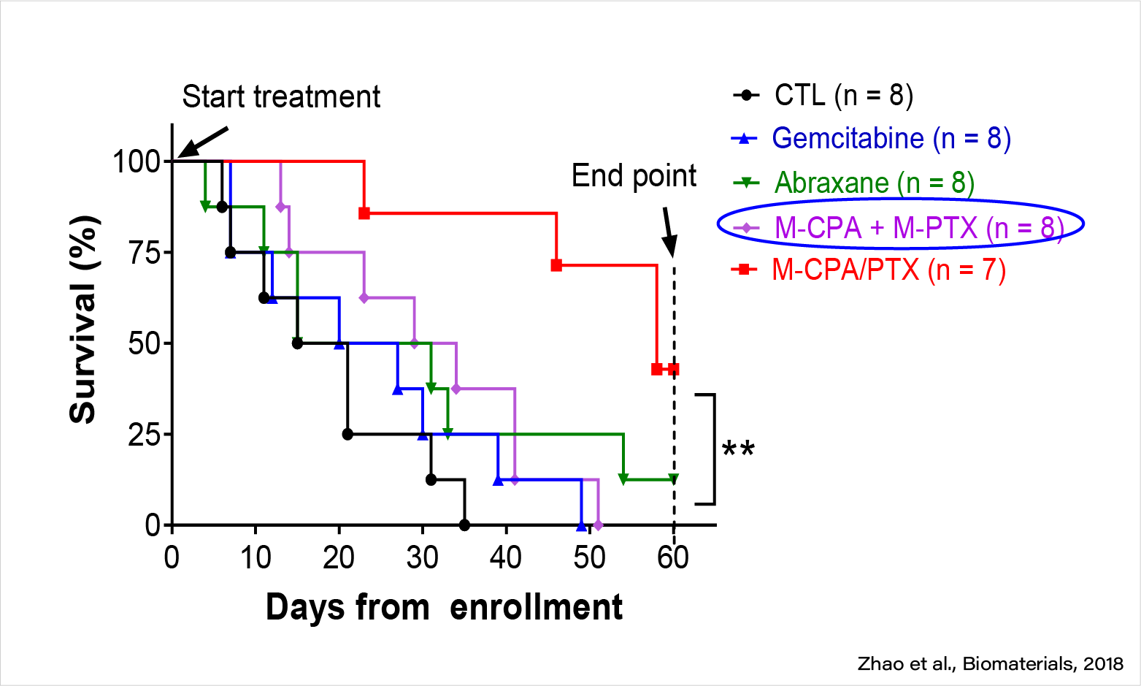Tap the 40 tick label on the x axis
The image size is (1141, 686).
point(506,558)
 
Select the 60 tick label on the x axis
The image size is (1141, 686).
point(673,558)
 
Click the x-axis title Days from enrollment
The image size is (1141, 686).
point(444,608)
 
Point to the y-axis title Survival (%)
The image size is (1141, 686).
point(83,319)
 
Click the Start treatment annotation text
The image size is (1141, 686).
point(281,96)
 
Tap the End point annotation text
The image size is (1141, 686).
point(634,176)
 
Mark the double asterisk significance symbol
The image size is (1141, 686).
point(738,449)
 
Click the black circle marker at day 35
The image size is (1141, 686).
point(464,525)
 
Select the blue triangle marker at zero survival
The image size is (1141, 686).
point(581,525)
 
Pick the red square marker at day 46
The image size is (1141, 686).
point(556,265)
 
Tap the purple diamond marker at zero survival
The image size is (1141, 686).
point(599,525)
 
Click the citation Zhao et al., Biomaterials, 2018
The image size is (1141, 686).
point(990,663)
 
